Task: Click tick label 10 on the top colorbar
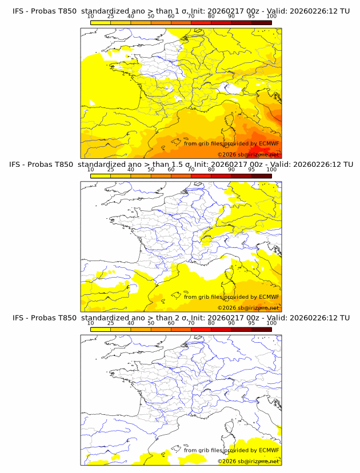click(x=90, y=16)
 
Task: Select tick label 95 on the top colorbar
click(x=251, y=16)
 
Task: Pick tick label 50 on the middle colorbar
click(x=151, y=170)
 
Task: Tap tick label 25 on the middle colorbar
click(x=110, y=170)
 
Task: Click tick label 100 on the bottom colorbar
click(x=271, y=323)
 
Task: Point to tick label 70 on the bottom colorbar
click(x=191, y=323)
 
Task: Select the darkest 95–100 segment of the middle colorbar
click(x=261, y=175)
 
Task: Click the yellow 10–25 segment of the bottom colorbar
click(x=100, y=328)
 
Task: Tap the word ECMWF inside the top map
click(x=269, y=143)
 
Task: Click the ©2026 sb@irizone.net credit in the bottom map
click(x=249, y=461)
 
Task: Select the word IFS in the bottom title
click(x=18, y=318)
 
